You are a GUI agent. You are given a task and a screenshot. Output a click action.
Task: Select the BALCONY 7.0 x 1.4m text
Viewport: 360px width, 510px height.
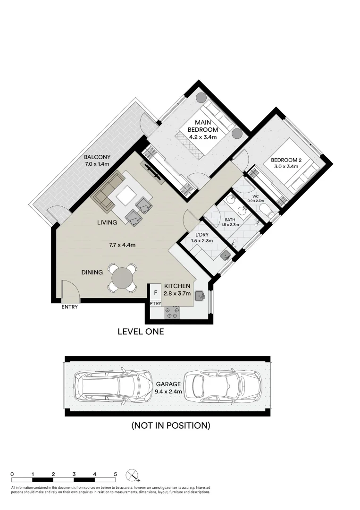click(97, 161)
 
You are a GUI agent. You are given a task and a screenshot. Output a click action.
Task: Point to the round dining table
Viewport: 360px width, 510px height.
click(123, 277)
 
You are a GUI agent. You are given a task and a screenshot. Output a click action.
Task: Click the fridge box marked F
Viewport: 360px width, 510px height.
click(155, 293)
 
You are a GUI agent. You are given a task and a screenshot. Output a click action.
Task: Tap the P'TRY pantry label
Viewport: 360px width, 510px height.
click(155, 303)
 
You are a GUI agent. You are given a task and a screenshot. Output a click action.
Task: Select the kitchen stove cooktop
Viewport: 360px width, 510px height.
click(173, 312)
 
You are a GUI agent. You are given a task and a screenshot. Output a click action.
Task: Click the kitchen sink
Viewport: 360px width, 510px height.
click(200, 296)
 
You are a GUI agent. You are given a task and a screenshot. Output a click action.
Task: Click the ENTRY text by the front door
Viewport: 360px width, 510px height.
click(69, 307)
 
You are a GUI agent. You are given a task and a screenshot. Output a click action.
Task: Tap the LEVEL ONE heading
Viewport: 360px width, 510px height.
click(141, 332)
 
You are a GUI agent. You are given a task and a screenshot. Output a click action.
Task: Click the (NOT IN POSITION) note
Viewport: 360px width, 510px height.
click(170, 425)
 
